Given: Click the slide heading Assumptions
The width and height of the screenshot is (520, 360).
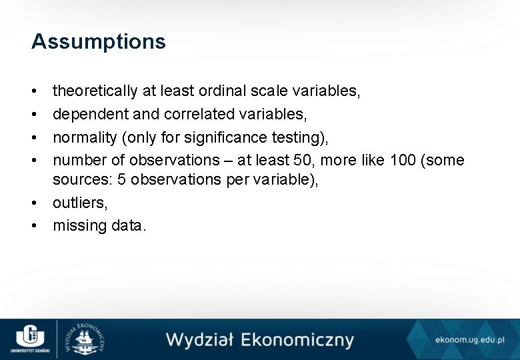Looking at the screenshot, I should (98, 42).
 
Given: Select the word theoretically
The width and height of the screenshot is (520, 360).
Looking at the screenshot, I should (95, 91).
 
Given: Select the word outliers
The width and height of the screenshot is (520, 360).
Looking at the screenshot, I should (79, 203).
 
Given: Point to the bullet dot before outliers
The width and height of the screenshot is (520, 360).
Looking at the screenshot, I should (34, 203).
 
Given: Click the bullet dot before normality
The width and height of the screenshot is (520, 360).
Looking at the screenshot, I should (34, 137).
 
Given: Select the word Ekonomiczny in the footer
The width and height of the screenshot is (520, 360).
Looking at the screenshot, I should (297, 340).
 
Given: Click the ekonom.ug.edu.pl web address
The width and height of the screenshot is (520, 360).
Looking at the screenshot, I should (471, 340).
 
